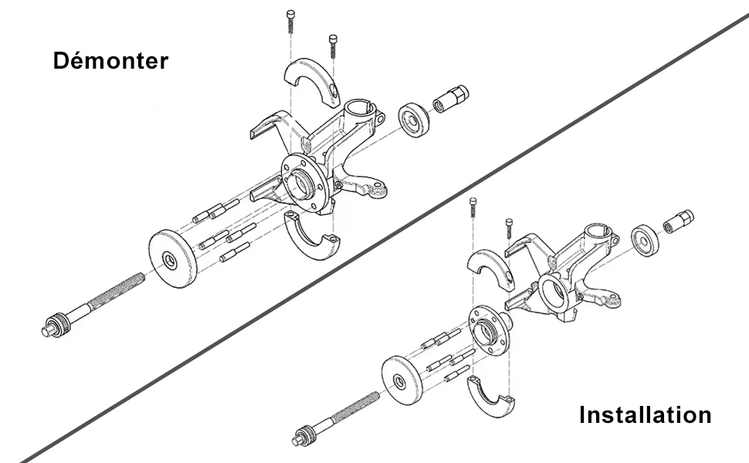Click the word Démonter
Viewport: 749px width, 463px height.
(x=110, y=61)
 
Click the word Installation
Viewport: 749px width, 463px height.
(x=645, y=415)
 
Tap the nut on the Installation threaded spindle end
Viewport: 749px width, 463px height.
(x=304, y=436)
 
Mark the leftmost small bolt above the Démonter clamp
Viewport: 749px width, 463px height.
(x=289, y=19)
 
